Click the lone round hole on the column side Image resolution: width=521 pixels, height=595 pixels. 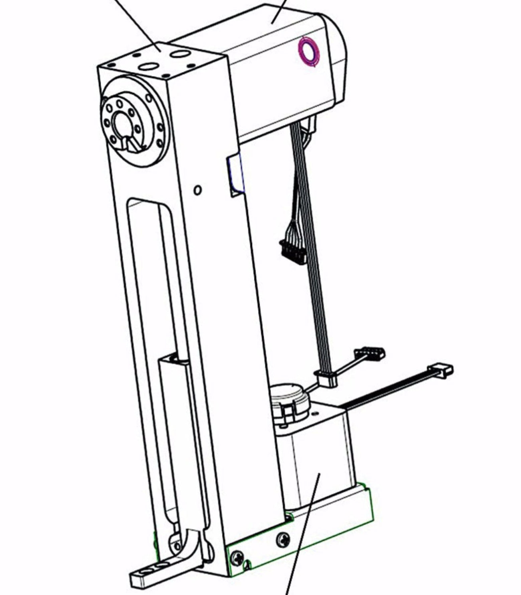[197, 190]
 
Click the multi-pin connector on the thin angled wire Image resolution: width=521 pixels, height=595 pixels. [370, 353]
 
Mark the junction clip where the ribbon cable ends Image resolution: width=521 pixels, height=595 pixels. [327, 379]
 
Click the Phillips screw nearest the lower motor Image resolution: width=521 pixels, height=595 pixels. [283, 540]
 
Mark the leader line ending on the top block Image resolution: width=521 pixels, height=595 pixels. [160, 51]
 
